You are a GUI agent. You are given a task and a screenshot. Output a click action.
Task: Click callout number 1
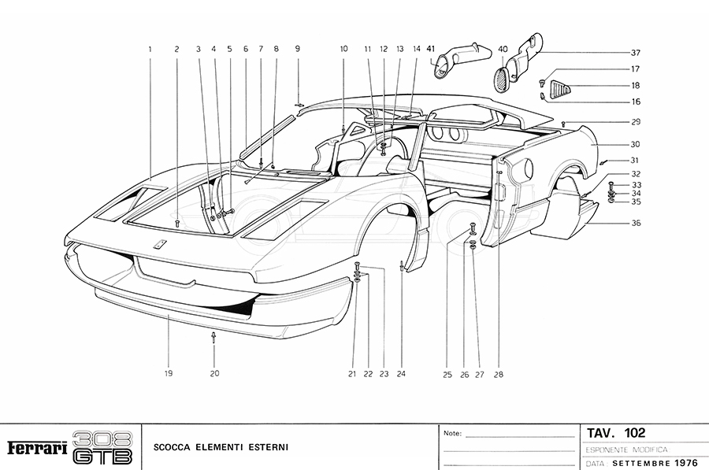pos(150,49)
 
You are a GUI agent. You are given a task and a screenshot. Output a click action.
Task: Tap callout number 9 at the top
pos(298,49)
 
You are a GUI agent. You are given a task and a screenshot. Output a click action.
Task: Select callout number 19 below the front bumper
pos(169,374)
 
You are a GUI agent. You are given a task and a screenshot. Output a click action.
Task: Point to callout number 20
pos(214,374)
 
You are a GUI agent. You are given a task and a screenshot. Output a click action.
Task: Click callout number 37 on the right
pos(635,53)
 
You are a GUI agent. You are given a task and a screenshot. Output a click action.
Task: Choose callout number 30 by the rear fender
pos(635,144)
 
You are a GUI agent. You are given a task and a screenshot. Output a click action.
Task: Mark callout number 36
pos(635,223)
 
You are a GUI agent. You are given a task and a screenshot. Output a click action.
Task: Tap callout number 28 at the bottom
pos(498,374)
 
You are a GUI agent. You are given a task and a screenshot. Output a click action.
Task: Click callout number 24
pos(401,374)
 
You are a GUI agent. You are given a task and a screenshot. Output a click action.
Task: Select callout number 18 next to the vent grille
pos(635,85)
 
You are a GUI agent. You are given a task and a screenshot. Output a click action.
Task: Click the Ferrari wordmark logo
pos(36,448)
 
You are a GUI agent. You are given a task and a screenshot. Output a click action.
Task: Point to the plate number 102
pos(633,432)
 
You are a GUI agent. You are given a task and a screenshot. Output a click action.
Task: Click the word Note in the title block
pos(452,434)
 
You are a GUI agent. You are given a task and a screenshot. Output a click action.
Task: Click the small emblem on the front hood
pos(158,244)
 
